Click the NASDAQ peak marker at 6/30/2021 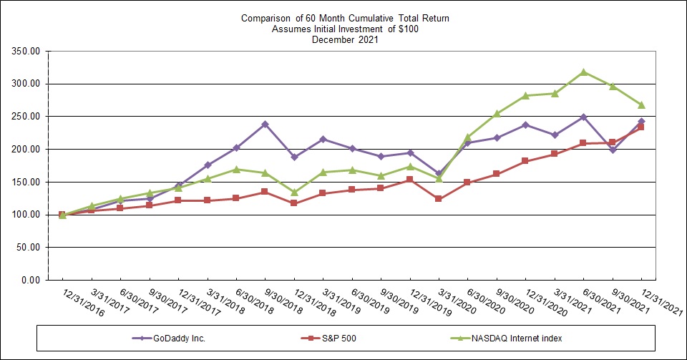point(583,72)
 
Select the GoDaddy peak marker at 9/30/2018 point(265,124)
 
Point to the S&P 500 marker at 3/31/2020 point(439,199)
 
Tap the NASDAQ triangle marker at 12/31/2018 point(293,192)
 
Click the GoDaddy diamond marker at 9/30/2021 point(612,150)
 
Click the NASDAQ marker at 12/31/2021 point(641,104)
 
